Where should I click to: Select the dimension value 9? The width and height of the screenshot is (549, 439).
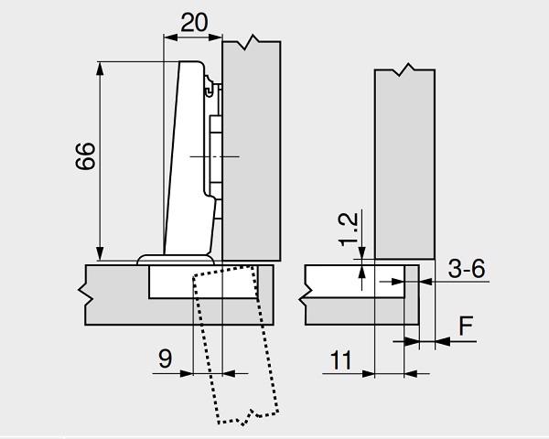(166, 359)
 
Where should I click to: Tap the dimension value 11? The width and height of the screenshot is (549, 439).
(341, 360)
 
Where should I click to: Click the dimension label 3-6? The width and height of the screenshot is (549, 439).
(466, 269)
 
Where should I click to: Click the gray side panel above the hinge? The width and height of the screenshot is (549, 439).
(252, 146)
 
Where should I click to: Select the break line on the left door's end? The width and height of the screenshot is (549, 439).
(84, 294)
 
